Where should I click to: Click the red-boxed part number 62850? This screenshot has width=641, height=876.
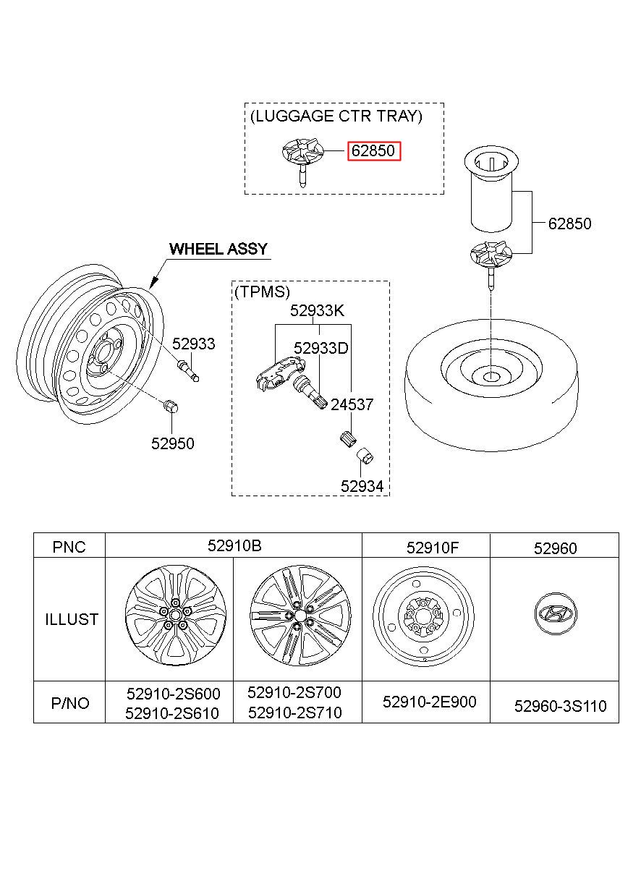click(x=374, y=151)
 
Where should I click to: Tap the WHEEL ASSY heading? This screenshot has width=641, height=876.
click(x=218, y=249)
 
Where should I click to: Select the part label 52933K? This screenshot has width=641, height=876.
click(x=317, y=310)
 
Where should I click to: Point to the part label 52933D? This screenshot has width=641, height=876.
click(x=320, y=348)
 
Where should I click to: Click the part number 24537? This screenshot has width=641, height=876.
click(x=352, y=404)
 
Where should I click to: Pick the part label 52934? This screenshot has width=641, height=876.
click(x=362, y=486)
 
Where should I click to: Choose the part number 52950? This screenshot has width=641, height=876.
click(x=172, y=443)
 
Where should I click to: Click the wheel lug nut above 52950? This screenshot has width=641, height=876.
click(x=170, y=407)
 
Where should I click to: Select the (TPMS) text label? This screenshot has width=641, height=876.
click(x=262, y=292)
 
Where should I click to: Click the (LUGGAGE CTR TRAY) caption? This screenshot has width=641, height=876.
click(x=336, y=116)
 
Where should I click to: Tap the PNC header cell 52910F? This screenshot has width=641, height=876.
click(x=432, y=548)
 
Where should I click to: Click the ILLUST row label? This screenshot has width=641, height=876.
click(x=72, y=619)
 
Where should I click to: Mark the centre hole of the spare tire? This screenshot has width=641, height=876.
click(x=490, y=377)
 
